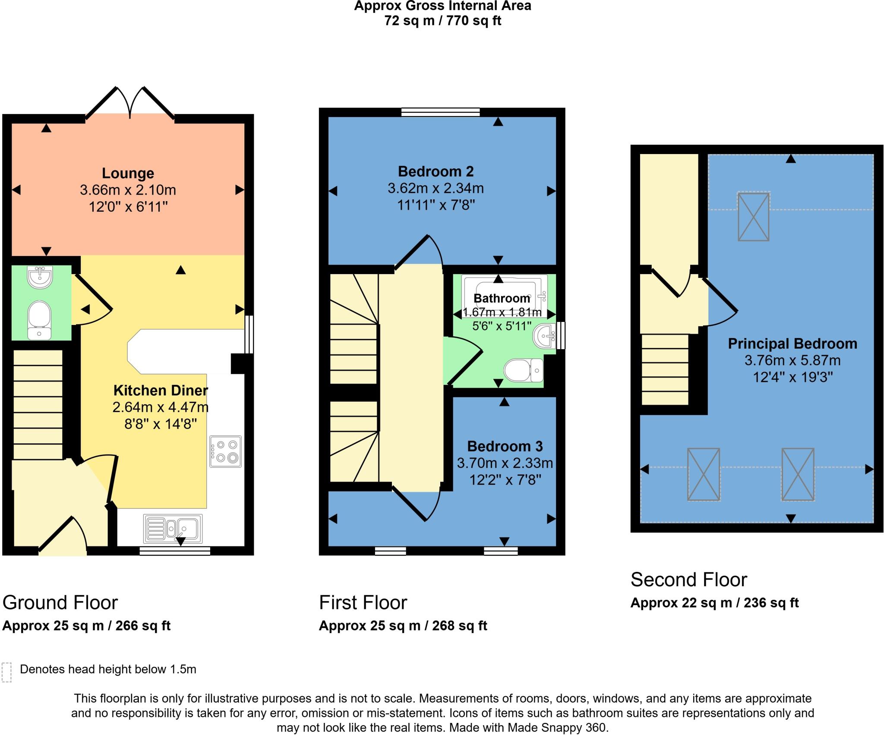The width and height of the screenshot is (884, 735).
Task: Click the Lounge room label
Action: coord(128,173)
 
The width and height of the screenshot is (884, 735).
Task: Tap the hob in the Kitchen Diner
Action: coord(225,451)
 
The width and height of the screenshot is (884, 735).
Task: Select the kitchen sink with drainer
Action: coord(173,528)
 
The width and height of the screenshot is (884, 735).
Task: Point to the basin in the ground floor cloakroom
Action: coord(40,277)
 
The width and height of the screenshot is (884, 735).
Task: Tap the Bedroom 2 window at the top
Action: coord(440,112)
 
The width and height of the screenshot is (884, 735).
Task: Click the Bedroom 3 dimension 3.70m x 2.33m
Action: coord(505,463)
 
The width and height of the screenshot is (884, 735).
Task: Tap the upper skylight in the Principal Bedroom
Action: coord(753,217)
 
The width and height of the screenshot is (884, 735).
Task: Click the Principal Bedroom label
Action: coord(792,344)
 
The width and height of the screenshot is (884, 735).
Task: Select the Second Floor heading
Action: coord(688,580)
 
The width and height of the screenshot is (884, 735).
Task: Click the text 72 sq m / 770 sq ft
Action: coord(442,21)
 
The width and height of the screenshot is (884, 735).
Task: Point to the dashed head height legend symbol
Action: coord(6,672)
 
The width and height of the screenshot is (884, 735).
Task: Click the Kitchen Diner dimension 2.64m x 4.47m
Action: coord(161,407)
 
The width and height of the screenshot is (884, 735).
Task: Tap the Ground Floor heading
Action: coord(60,603)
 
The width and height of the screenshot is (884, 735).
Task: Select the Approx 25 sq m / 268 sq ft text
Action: coord(403,626)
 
